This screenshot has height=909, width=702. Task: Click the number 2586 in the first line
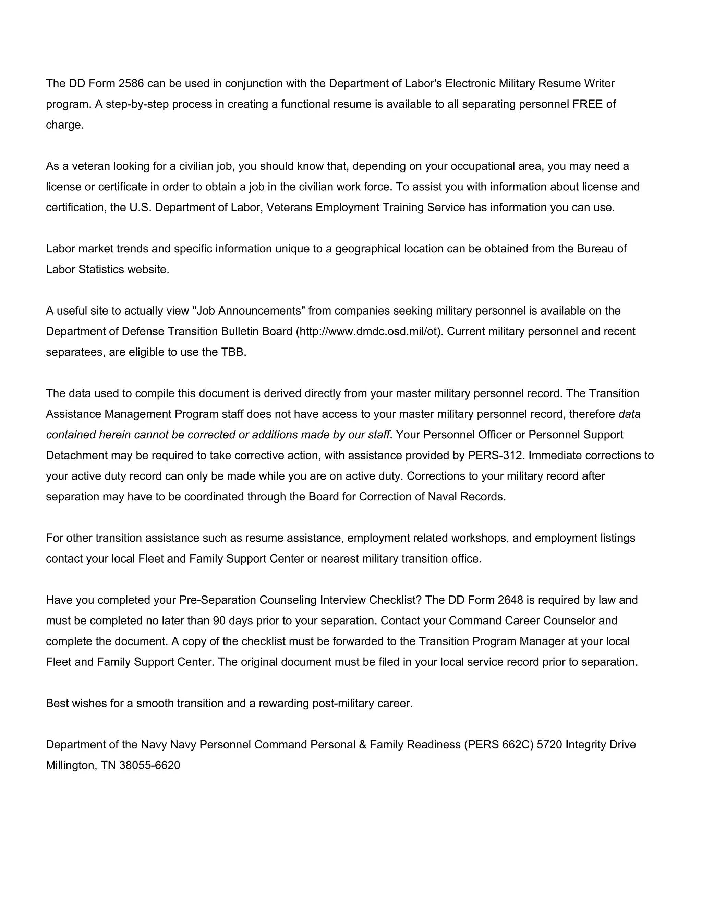click(131, 84)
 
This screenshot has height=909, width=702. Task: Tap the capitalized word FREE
click(587, 104)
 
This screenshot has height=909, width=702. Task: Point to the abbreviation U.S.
click(140, 207)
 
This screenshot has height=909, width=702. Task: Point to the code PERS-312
click(495, 455)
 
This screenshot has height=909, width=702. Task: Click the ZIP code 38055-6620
click(150, 765)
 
